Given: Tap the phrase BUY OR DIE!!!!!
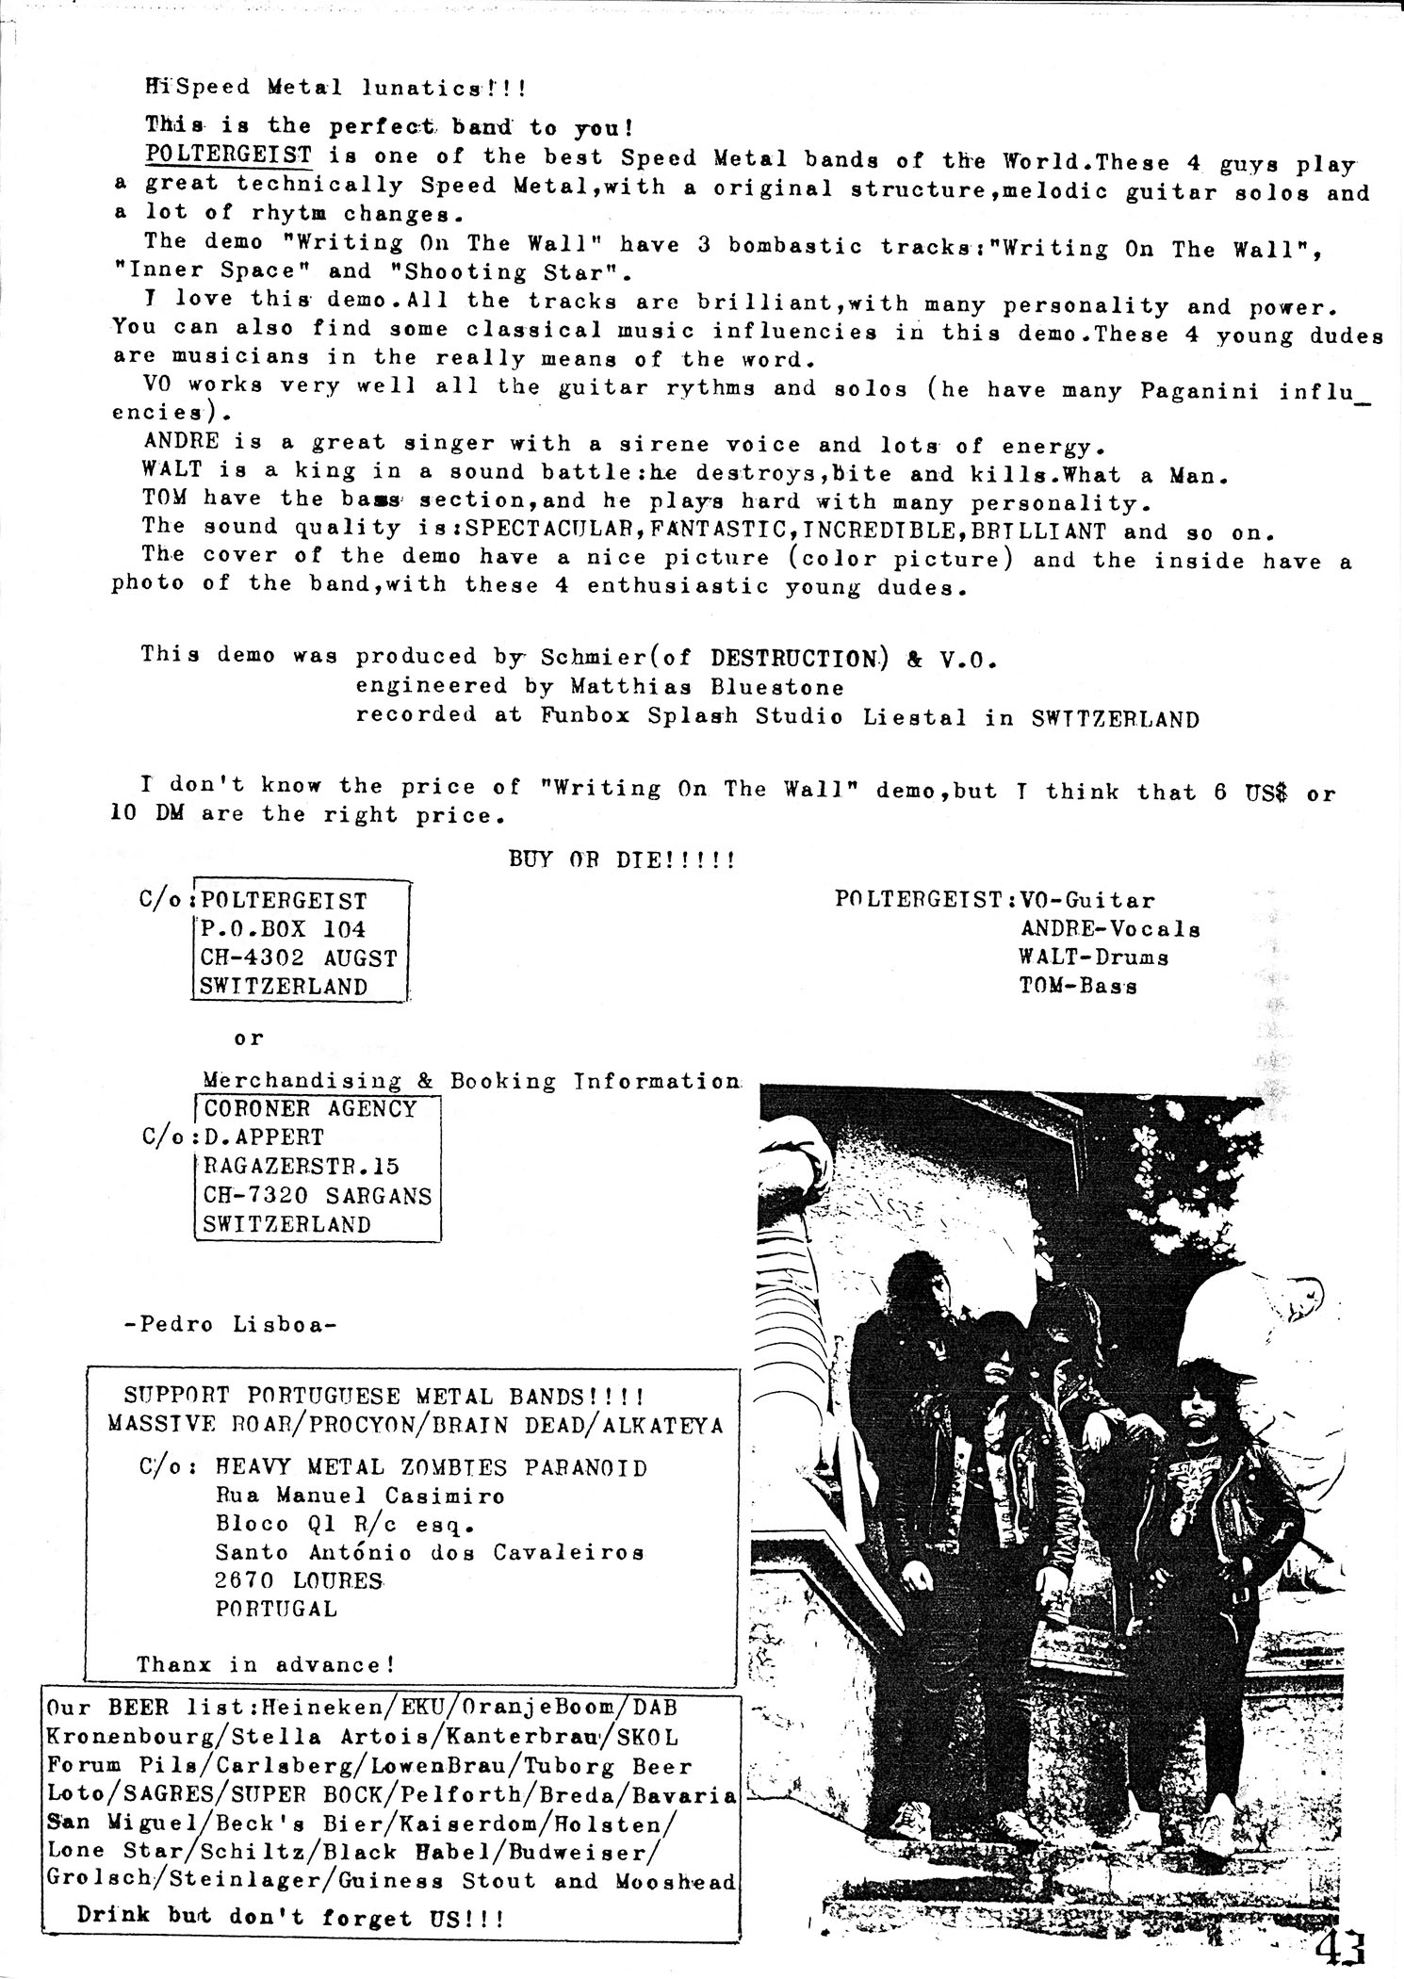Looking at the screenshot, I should [622, 859].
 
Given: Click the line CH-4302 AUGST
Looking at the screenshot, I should [298, 957].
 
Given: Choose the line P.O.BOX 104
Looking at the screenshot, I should [283, 929].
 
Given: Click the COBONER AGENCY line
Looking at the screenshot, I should [310, 1108].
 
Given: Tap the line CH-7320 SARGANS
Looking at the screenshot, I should [318, 1196].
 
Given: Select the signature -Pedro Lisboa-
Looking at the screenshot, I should [231, 1324].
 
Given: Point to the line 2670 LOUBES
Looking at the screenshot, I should [299, 1580].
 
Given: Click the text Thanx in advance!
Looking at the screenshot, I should [266, 1664].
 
